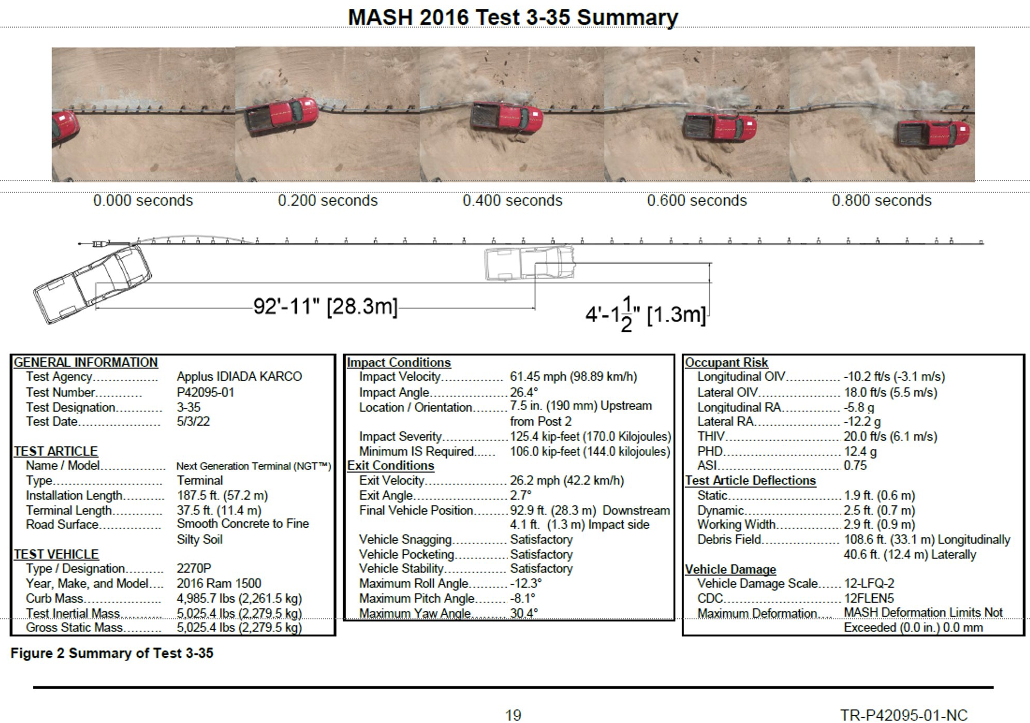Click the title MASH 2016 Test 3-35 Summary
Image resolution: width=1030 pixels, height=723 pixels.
pos(513,17)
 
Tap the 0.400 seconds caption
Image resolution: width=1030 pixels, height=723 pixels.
pos(512,201)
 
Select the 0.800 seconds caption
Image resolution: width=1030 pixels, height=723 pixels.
pos(882,201)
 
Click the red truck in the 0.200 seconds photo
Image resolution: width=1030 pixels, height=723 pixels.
pos(281,116)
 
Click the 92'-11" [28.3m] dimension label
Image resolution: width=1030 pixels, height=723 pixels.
pos(325,306)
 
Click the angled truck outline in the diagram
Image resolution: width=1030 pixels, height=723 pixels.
pos(93,284)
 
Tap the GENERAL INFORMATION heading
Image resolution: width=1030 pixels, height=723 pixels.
pos(85,363)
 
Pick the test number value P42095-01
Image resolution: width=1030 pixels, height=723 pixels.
pos(205,392)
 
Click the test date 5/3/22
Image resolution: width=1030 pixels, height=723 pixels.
pos(193,421)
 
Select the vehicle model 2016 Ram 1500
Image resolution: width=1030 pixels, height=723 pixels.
pos(219,583)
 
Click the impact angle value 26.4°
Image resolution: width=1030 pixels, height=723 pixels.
pos(524,392)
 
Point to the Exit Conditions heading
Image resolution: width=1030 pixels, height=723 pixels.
pos(391,466)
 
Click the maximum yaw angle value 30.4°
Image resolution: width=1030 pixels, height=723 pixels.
pos(524,614)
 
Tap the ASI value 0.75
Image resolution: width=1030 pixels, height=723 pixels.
pos(855,466)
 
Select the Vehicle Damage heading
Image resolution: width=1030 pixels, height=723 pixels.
pos(730,569)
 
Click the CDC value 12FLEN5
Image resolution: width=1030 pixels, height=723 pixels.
pos(869,599)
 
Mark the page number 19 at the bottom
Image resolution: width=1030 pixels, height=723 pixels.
pos(513,715)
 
